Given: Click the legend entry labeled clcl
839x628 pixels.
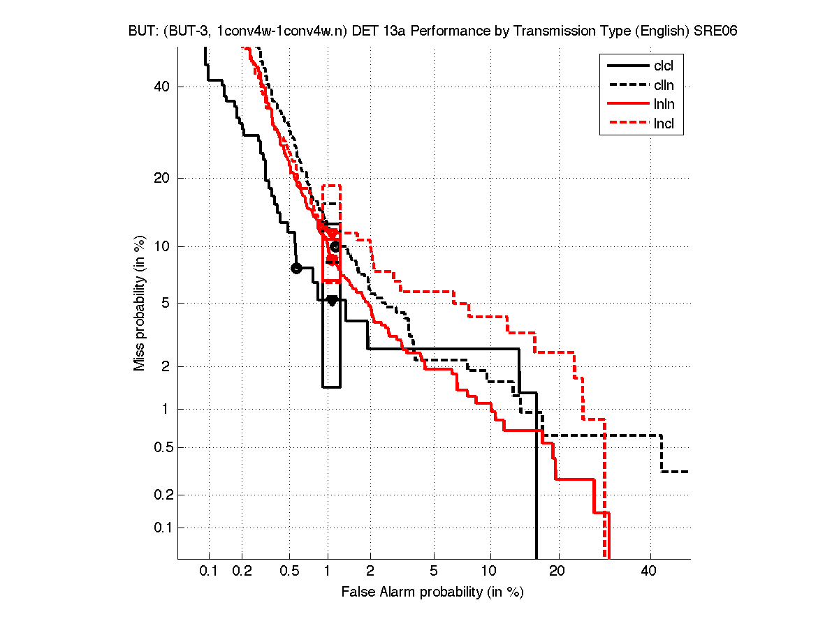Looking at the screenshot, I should point(663,66).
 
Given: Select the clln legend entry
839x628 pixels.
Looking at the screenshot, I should point(663,86).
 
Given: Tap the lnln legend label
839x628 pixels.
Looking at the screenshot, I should point(663,105).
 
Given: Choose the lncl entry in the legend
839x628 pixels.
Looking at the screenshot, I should point(663,125).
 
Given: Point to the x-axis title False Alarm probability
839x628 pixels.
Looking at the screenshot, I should point(432,592).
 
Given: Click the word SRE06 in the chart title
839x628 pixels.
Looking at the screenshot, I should point(716,31).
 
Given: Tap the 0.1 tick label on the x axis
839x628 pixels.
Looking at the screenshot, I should point(209,571).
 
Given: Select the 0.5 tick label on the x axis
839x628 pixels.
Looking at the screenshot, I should point(289,571).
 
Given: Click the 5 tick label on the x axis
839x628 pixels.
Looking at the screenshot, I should point(434,571).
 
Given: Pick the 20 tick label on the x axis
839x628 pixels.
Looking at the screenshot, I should point(557,571).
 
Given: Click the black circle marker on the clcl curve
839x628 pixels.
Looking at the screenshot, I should point(296,268).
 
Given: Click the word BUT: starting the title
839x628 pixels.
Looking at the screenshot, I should point(143,31).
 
